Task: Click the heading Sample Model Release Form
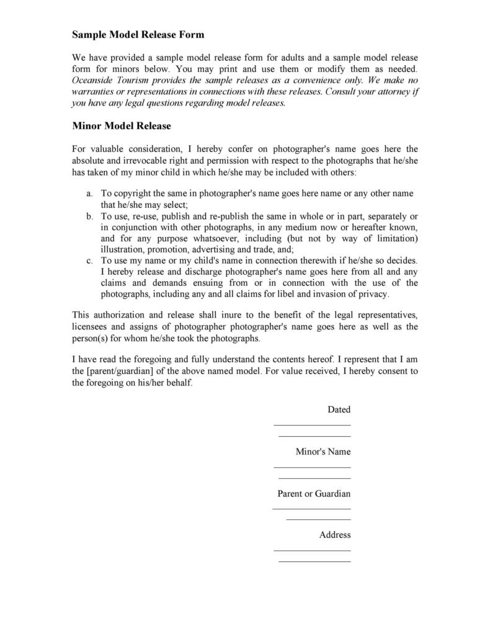[x=138, y=35]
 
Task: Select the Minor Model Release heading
[x=122, y=126]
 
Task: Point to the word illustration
[x=121, y=249]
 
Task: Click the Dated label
[x=339, y=409]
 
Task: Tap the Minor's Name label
[x=323, y=452]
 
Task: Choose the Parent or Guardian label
[x=313, y=494]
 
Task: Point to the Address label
[x=335, y=535]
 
